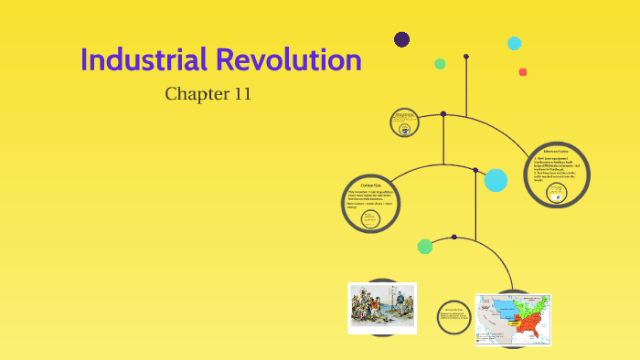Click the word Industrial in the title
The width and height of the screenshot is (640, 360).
144,60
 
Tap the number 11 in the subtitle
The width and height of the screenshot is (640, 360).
240,93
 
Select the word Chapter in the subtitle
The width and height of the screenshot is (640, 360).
196,93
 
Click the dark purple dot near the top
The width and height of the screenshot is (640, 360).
401,39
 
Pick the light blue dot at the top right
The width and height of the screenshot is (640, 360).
514,43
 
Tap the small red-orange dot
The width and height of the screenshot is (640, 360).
523,72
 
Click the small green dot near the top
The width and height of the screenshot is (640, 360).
440,64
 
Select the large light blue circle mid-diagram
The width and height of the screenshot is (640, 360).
496,180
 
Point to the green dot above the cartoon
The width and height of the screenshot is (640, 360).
425,246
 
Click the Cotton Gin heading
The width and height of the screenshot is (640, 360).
371,185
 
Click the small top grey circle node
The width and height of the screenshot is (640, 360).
403,122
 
